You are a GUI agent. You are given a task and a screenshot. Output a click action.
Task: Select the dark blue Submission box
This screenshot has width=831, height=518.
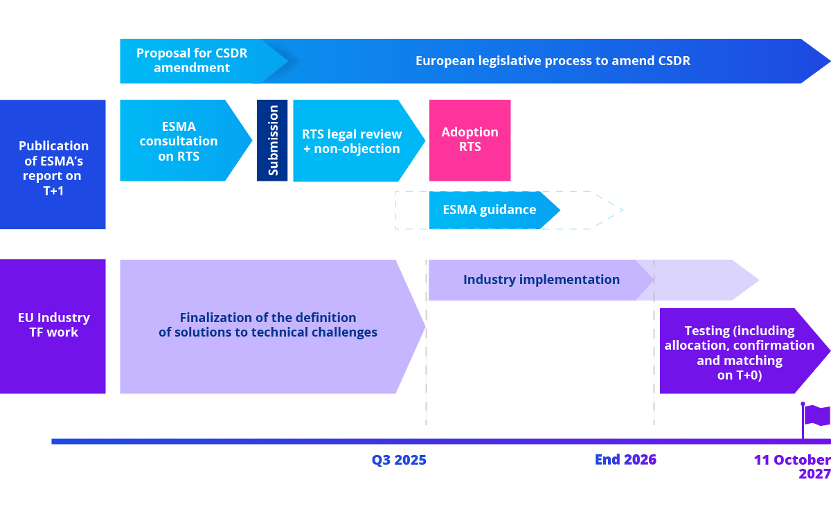coord(272,141)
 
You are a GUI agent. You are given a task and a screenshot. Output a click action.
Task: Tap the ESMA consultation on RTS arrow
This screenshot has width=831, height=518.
coord(179,141)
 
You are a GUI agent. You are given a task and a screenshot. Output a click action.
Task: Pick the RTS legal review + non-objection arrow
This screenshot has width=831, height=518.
coord(352,141)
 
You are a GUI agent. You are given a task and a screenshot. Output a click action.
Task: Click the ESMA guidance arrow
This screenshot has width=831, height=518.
coord(490,210)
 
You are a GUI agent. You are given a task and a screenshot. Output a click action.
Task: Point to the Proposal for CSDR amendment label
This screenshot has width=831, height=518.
coord(192,60)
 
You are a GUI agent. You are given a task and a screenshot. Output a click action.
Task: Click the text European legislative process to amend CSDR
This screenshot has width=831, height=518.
coord(553,60)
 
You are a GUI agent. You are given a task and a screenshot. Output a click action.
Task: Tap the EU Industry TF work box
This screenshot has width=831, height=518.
coord(53,325)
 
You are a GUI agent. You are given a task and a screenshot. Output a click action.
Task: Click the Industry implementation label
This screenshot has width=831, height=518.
coord(542,280)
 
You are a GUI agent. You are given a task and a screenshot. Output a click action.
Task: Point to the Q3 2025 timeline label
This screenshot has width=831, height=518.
coord(399,460)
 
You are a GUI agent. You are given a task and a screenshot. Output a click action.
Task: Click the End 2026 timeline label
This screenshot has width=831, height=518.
coord(625,460)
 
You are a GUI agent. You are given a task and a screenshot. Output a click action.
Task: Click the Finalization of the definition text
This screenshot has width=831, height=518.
coord(268,318)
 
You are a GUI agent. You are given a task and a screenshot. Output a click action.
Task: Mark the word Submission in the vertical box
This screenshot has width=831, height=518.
coord(273,141)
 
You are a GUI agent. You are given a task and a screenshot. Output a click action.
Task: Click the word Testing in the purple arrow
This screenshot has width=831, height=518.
coord(710,330)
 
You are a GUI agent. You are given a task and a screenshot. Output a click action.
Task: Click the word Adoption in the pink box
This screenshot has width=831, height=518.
coord(470,132)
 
